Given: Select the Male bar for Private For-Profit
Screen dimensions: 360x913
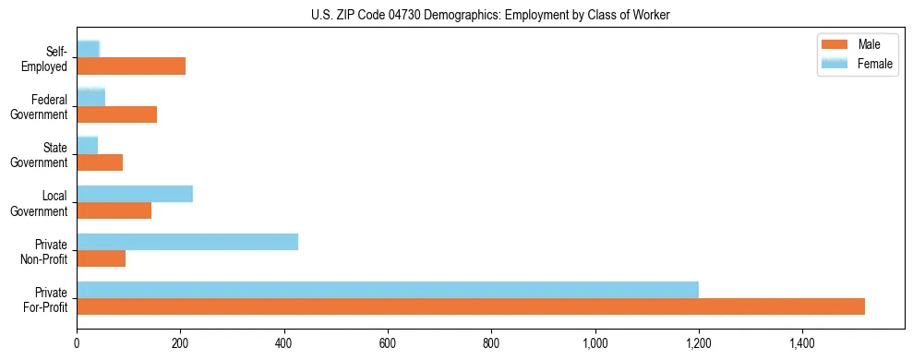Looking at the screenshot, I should tap(471, 306).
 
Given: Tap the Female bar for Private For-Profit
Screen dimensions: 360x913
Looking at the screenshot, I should tap(388, 289).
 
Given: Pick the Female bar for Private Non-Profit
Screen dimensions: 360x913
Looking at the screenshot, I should tap(187, 242).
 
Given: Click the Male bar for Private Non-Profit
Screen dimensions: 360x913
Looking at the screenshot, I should tap(102, 258).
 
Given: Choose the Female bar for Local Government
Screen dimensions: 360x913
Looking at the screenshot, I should tap(135, 194).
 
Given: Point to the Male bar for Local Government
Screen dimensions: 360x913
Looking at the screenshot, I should tap(114, 210).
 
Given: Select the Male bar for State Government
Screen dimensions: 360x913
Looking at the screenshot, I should tap(100, 162).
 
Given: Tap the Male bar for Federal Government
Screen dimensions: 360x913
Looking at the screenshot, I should tap(117, 114).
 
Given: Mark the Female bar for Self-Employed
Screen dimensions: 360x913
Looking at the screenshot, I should tap(89, 48).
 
